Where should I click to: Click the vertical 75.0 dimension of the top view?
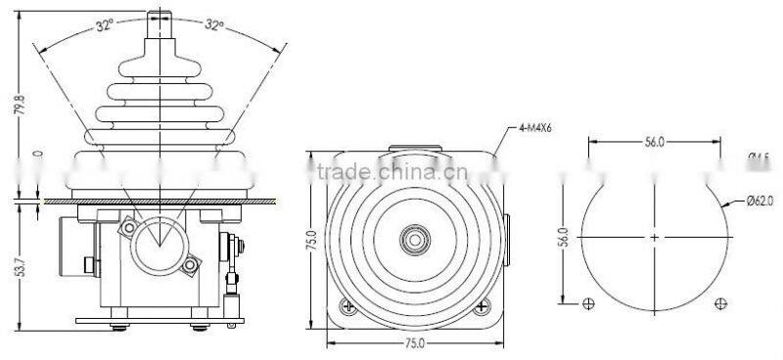point(312,240)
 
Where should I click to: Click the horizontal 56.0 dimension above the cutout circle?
point(653,142)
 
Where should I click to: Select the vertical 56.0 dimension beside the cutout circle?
point(563,238)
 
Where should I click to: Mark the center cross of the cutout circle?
point(653,237)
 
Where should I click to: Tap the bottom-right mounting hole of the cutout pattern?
point(720,303)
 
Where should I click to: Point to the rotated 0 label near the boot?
point(37,154)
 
